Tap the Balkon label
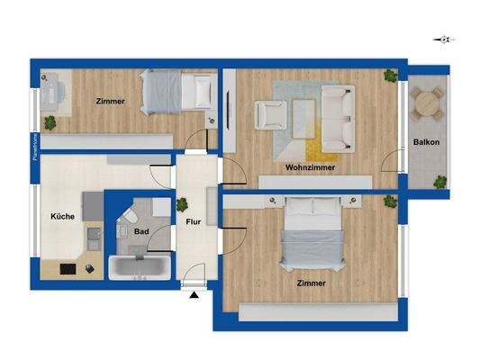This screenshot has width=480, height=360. (x=426, y=142)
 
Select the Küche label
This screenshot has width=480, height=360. (x=62, y=216)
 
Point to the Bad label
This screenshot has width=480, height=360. (x=141, y=231)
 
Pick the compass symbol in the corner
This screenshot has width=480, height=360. (x=443, y=39)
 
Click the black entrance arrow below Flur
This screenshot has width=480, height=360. (x=194, y=293)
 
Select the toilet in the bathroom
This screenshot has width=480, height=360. (x=130, y=216)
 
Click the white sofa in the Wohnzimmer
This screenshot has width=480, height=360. (x=338, y=116)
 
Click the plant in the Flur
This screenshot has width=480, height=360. (x=182, y=204)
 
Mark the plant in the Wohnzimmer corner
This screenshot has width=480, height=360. (x=389, y=76)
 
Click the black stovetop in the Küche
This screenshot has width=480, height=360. (x=69, y=268)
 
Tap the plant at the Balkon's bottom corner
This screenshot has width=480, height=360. (x=439, y=182)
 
